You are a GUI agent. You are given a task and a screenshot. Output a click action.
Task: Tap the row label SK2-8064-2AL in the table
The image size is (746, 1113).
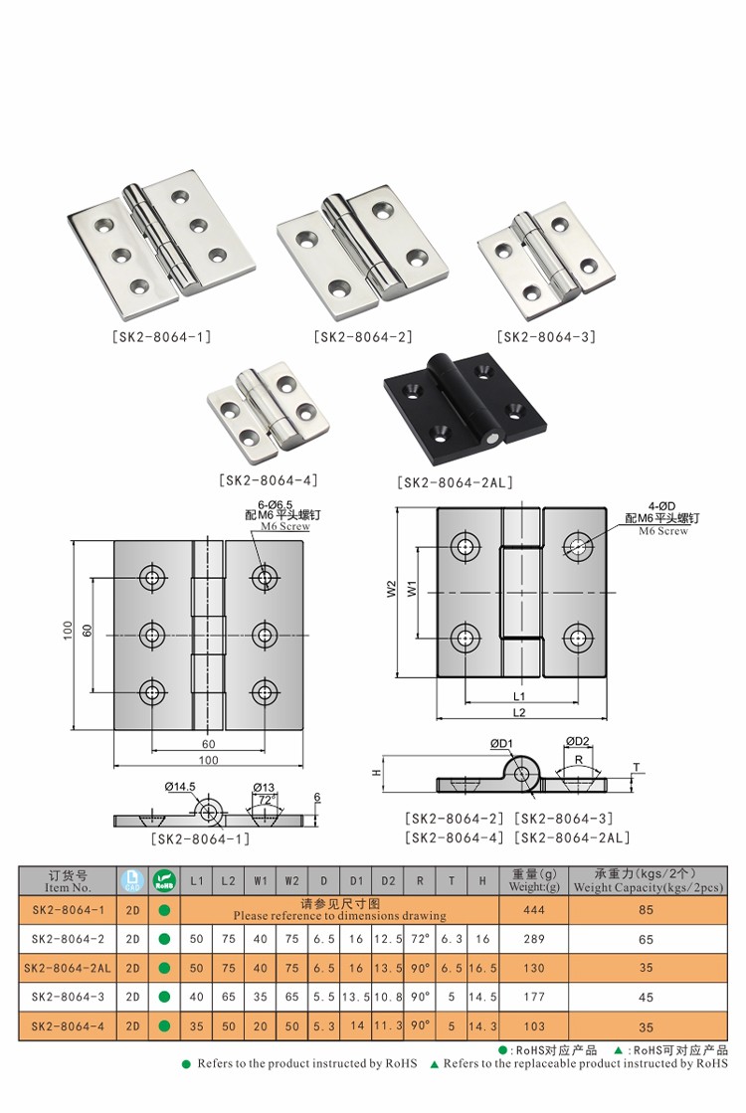69,967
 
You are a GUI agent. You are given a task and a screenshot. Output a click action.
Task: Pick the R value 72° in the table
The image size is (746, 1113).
421,938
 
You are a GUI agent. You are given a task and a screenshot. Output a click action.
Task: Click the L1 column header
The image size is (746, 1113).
197,880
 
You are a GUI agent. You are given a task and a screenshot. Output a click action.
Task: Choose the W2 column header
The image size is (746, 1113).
292,880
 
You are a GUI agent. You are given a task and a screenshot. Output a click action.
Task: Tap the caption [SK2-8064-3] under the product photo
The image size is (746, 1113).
546,337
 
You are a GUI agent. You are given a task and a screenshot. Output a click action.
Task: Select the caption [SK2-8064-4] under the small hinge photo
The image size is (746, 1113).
268,480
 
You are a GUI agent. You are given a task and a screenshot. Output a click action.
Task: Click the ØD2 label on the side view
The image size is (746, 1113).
578,741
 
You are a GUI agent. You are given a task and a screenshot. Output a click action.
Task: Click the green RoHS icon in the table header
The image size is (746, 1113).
164,880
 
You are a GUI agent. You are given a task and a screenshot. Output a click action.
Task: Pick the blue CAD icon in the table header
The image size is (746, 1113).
132,880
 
